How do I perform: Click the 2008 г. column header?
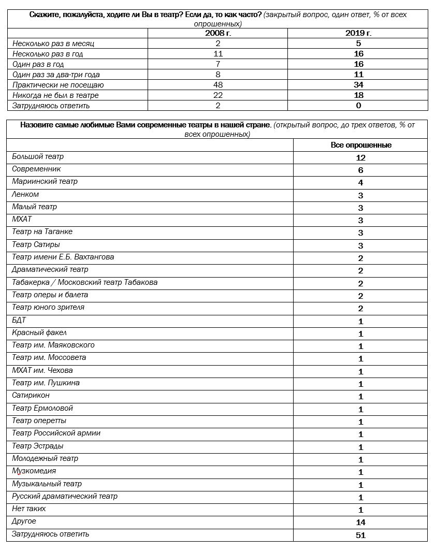218,33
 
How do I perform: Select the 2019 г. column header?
358,33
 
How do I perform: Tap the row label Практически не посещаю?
58,85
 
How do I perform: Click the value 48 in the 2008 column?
218,85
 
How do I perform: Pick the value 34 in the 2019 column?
358,85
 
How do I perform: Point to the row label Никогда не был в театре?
55,95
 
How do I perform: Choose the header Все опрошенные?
361,145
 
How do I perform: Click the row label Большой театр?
38,156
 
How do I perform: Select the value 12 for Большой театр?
361,158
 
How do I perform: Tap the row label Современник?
36,169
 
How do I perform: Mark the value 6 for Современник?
361,170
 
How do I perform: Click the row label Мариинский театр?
45,181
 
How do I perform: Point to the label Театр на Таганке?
42,231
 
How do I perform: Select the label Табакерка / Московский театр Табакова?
84,282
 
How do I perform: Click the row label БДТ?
19,320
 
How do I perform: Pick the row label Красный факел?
39,332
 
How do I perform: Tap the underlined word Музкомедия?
34,471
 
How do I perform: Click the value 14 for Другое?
361,523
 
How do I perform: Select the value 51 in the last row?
361,535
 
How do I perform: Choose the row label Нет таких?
29,509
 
